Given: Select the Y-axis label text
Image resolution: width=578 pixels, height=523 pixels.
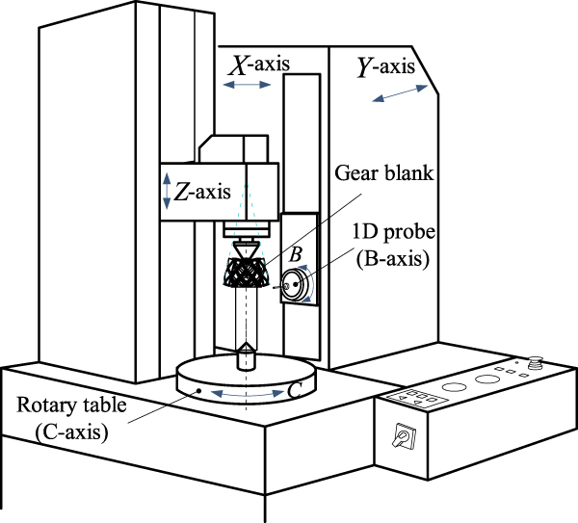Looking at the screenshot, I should pos(386,68).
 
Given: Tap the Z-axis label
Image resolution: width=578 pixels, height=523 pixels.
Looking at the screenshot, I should pos(202,190).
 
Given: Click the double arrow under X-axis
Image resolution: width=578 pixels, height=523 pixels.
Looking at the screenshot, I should pos(248,86).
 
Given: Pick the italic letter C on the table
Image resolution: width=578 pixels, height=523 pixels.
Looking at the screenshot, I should pos(300,390).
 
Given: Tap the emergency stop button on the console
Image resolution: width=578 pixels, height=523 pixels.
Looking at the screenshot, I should pos(538,364).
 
